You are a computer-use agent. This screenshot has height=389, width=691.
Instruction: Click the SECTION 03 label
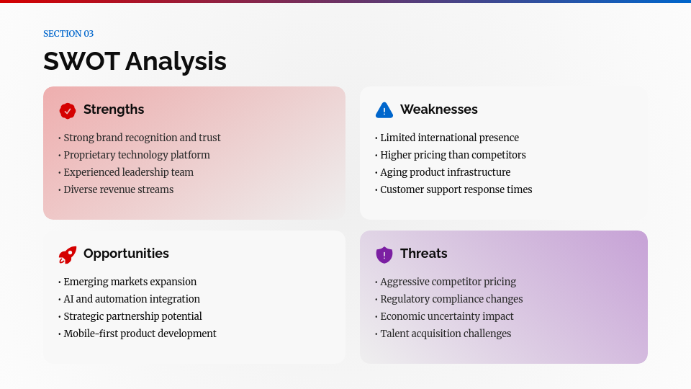coord(68,34)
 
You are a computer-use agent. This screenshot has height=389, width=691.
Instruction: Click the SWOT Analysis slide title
coord(135,61)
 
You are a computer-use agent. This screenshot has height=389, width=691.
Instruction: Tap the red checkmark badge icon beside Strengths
coord(68,110)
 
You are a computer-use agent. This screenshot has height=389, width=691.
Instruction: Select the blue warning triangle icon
coord(384,110)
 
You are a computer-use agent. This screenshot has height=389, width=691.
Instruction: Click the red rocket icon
coord(68,254)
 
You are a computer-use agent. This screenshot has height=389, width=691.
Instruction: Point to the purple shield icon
coord(384,254)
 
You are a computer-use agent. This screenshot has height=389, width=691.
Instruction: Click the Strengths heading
coord(114,109)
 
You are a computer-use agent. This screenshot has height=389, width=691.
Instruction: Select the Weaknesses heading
coord(438,109)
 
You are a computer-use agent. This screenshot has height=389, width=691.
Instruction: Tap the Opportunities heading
coord(126,254)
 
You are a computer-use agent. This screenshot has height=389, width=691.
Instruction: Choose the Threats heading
coord(423,254)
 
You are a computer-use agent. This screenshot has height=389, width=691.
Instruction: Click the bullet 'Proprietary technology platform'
coord(136,155)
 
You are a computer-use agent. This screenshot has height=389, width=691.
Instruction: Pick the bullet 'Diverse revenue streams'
coord(118,189)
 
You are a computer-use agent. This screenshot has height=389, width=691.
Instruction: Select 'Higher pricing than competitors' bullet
coord(453,155)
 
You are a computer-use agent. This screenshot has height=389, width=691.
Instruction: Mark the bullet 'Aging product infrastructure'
coord(445,172)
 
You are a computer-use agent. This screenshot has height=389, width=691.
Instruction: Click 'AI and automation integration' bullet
coord(132,299)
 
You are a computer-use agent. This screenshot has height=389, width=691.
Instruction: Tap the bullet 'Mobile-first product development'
coord(140,334)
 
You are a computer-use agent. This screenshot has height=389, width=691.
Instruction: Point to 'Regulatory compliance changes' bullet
coord(451,299)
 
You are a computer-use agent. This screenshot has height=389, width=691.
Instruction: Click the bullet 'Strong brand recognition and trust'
coord(142,138)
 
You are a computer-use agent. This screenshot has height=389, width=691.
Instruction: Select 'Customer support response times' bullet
coord(456,189)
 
